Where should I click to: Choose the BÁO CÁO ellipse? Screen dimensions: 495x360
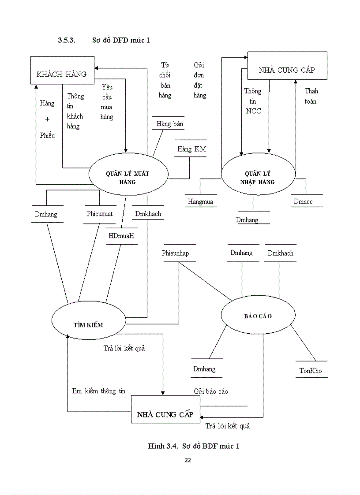pyautogui.click(x=258, y=316)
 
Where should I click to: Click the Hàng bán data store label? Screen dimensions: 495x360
pyautogui.click(x=169, y=124)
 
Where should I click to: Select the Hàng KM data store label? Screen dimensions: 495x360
pyautogui.click(x=191, y=149)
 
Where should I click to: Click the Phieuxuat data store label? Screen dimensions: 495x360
pyautogui.click(x=100, y=214)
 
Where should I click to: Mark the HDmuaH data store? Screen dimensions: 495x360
pyautogui.click(x=121, y=236)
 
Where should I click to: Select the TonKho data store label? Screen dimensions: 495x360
pyautogui.click(x=311, y=371)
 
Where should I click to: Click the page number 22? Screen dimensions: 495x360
pyautogui.click(x=187, y=460)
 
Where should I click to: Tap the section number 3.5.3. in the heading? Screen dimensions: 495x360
pyautogui.click(x=67, y=41)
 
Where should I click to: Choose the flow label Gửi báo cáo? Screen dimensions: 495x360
pyautogui.click(x=210, y=391)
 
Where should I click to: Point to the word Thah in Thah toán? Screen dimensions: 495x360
pyautogui.click(x=311, y=91)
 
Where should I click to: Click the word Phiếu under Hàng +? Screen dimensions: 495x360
pyautogui.click(x=47, y=135)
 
